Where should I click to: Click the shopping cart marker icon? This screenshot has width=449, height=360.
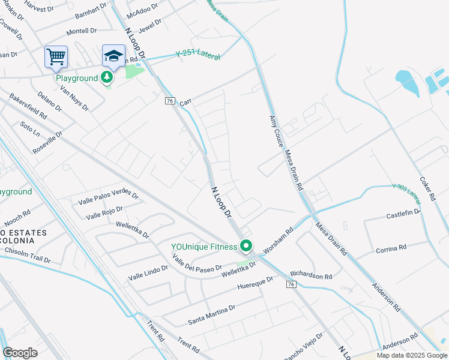56,57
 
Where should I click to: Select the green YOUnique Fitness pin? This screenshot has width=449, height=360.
246,246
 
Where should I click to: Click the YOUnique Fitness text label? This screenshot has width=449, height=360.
204,246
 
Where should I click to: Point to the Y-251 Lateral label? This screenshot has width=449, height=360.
198,55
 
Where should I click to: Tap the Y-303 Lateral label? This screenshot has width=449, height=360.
408,191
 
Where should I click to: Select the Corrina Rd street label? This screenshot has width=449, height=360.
391,248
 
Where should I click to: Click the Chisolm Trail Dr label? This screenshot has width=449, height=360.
28,259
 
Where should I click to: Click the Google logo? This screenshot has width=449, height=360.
20,353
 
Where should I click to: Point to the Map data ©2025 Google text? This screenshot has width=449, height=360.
411,355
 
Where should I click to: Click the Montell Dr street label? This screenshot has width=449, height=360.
81,31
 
